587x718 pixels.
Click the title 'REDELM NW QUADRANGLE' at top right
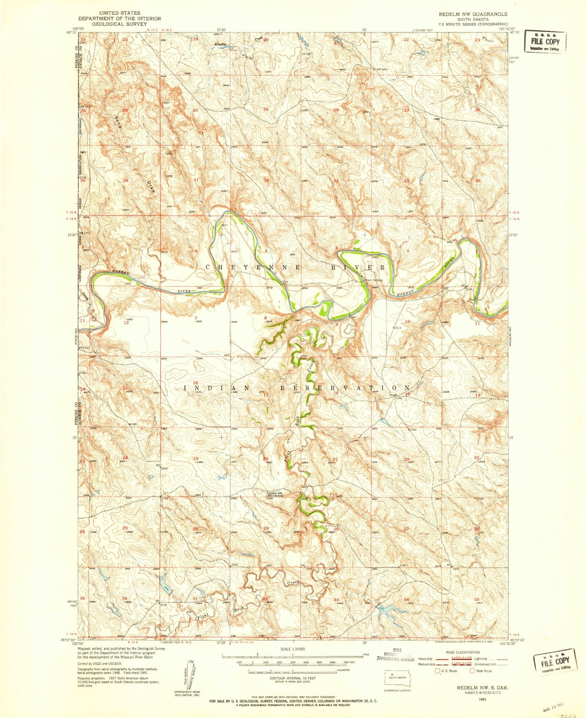tap(472, 14)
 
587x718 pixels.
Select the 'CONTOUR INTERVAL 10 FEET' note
tap(292, 678)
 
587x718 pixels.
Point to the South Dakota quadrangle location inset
tap(398, 678)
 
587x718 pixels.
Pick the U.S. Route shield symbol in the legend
tap(437, 671)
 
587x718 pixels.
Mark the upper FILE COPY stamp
tap(544, 41)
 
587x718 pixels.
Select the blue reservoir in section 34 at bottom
tap(386, 609)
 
